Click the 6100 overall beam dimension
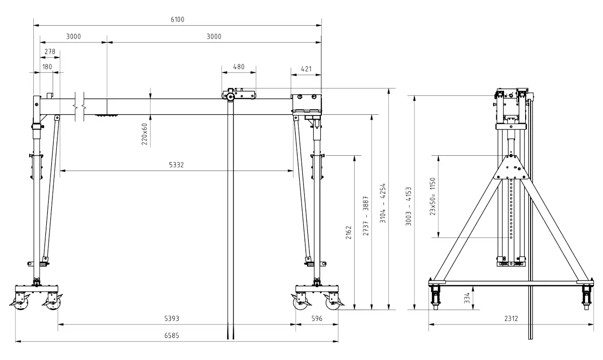point(177,19)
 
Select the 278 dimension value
point(50,51)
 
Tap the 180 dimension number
point(47,67)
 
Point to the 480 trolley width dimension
point(239,67)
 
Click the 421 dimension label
point(306,69)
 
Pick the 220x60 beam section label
point(144,134)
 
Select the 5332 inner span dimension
point(176,165)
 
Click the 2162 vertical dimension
point(349,233)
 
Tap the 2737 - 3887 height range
point(366,216)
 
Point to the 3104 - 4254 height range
point(383,203)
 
